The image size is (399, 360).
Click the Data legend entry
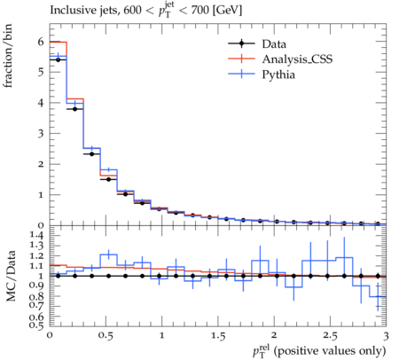(x=257, y=44)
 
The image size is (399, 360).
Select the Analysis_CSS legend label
(x=297, y=59)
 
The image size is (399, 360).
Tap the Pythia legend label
(x=278, y=74)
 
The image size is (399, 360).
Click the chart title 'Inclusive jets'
(x=84, y=11)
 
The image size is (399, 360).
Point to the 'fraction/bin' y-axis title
(x=8, y=56)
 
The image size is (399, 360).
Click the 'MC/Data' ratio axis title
(x=11, y=276)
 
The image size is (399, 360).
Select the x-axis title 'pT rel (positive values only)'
(x=319, y=351)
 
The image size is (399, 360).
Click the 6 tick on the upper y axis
(x=41, y=42)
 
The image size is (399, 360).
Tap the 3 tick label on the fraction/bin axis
(x=41, y=133)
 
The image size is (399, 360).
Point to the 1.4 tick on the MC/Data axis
(x=36, y=236)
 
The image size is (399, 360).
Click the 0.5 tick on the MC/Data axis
(x=36, y=325)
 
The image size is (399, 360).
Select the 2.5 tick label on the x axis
(x=330, y=335)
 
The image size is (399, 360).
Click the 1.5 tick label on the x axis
(x=218, y=335)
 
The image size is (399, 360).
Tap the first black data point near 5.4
(x=58, y=60)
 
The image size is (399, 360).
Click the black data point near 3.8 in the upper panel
(x=74, y=109)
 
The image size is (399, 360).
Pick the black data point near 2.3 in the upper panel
(x=91, y=154)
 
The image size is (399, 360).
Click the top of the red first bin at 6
(x=59, y=42)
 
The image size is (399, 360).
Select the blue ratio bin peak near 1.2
(x=109, y=254)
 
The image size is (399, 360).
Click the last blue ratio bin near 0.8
(x=378, y=296)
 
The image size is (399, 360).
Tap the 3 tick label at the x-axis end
(x=386, y=335)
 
